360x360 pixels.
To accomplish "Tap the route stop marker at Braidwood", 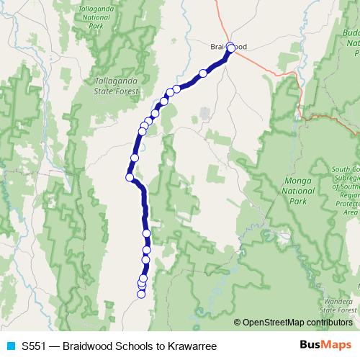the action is [x=231, y=48].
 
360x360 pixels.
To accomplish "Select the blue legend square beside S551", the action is [x=10, y=346].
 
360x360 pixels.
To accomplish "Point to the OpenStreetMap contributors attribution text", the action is [x=296, y=322].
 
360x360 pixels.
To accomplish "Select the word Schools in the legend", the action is [x=123, y=346].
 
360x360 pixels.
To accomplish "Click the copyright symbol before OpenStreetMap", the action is [x=238, y=322].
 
